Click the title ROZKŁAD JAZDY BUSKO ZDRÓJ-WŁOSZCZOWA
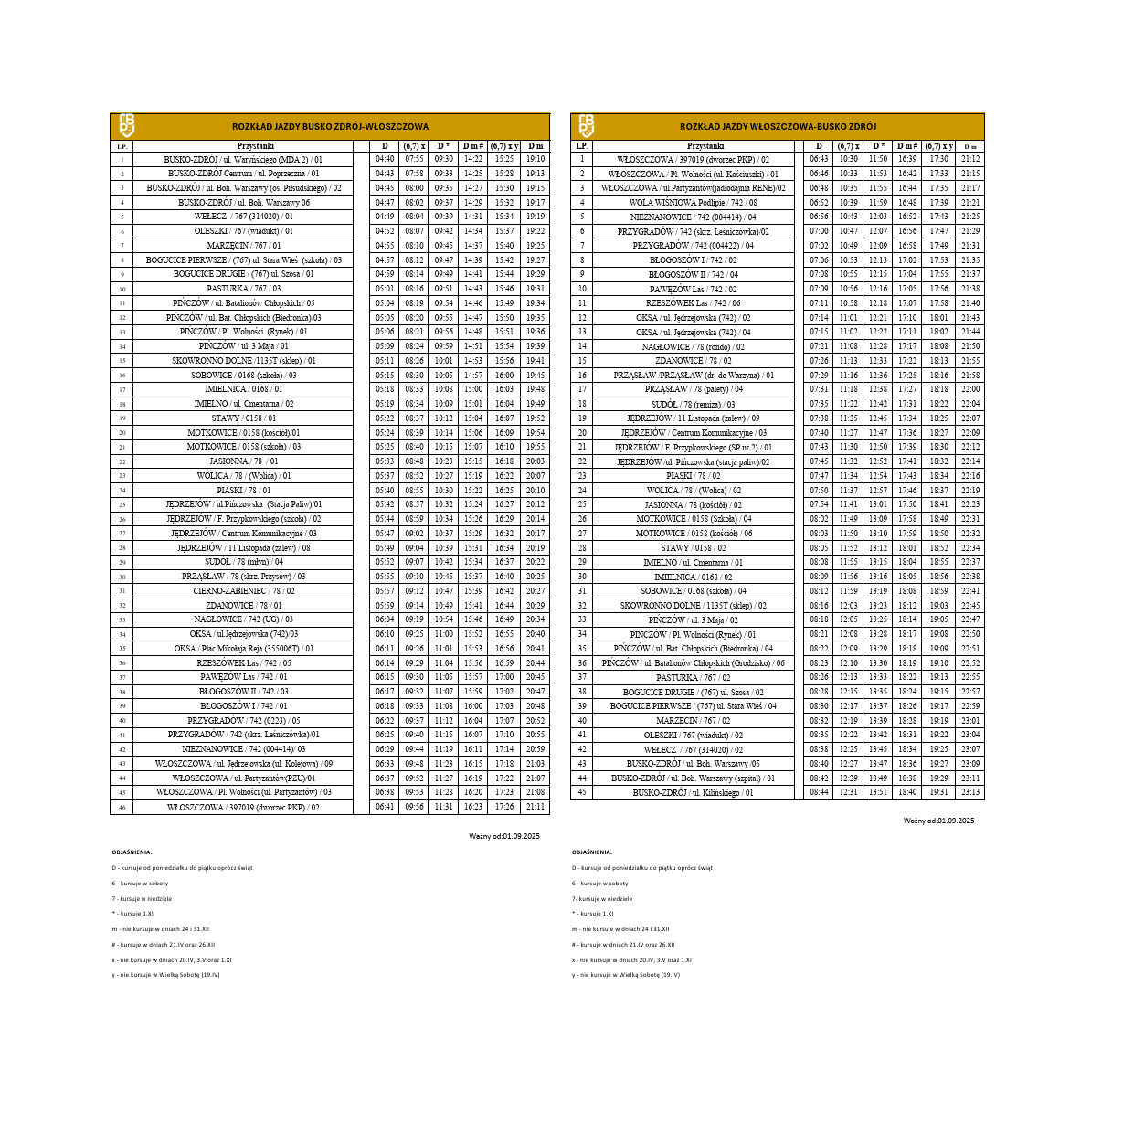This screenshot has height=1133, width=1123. click(x=330, y=127)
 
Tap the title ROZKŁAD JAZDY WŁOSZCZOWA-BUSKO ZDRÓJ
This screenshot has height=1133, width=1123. click(x=778, y=127)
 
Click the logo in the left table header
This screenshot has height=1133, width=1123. click(x=126, y=126)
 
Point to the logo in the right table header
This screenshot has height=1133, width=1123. click(x=587, y=126)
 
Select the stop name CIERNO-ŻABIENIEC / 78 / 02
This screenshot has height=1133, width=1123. click(x=243, y=591)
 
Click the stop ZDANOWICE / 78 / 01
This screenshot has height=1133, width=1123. click(x=243, y=606)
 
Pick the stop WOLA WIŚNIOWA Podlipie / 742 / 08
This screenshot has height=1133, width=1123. click(x=693, y=203)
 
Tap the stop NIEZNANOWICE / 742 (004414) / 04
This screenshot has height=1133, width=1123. click(x=693, y=217)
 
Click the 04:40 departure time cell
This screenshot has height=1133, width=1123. click(x=385, y=159)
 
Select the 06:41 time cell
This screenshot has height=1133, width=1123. click(x=385, y=808)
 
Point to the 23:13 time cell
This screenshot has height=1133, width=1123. click(x=970, y=793)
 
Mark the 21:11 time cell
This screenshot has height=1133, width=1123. click(x=535, y=808)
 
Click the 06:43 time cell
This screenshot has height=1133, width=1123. click(x=819, y=159)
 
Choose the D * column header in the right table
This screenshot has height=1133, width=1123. click(x=878, y=146)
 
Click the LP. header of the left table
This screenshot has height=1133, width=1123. click(x=122, y=146)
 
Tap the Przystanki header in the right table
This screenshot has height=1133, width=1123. click(x=705, y=146)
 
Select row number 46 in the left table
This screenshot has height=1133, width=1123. click(x=122, y=808)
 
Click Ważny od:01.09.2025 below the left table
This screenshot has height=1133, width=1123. click(x=504, y=836)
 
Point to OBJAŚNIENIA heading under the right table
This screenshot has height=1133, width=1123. click(x=592, y=852)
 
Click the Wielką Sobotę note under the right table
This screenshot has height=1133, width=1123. click(x=626, y=975)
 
